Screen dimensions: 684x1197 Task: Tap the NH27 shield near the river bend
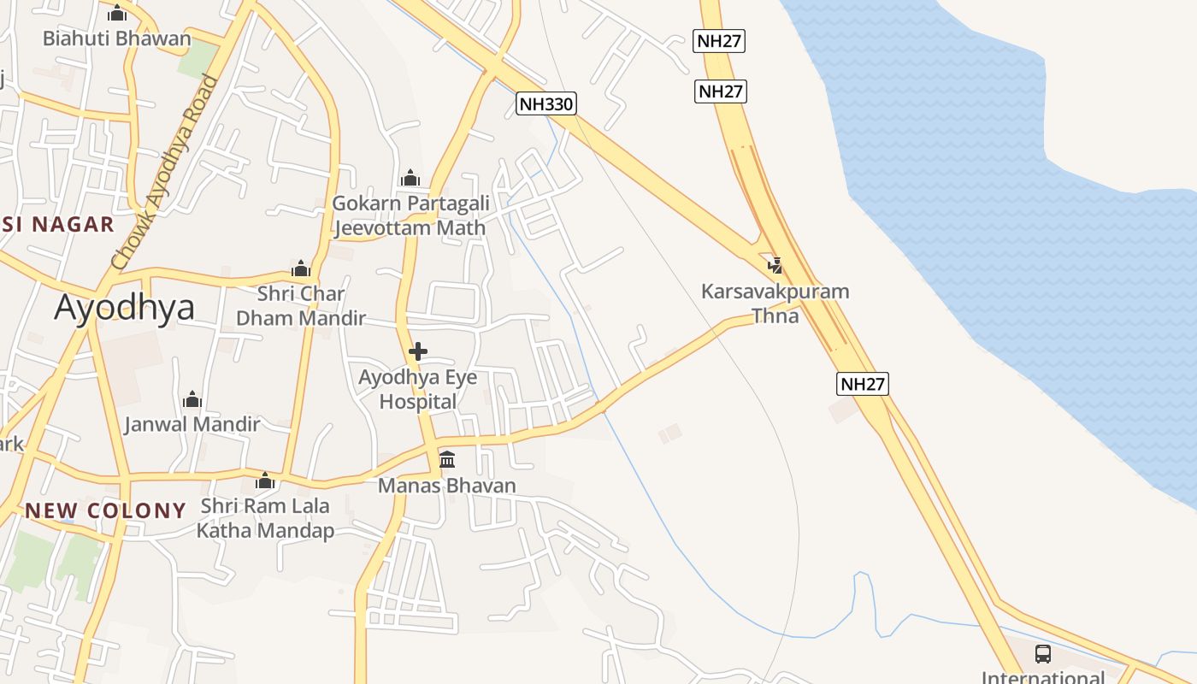point(862,384)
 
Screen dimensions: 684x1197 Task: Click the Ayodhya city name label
point(125,308)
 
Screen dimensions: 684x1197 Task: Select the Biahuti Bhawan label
point(117,38)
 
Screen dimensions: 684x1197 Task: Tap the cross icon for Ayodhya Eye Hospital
point(418,351)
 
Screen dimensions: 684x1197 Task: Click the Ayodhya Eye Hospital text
point(417,389)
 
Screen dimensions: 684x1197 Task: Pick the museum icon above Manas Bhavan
point(447,460)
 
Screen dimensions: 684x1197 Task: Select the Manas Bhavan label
point(447,486)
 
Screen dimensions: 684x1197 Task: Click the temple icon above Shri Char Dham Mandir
point(300,268)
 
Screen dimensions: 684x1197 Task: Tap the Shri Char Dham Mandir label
point(301,306)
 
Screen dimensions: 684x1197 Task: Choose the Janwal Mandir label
point(192,424)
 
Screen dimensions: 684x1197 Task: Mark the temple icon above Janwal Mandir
point(192,399)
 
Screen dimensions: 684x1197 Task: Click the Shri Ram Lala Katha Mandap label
point(265,518)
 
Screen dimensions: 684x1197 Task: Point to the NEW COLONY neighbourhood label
point(105,511)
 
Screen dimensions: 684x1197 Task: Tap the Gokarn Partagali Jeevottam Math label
point(410,215)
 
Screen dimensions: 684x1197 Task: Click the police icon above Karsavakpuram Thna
point(775,266)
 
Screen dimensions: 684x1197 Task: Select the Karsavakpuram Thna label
point(775,304)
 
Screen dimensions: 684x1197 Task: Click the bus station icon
point(1043,654)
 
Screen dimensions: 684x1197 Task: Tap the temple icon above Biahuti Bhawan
point(117,14)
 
